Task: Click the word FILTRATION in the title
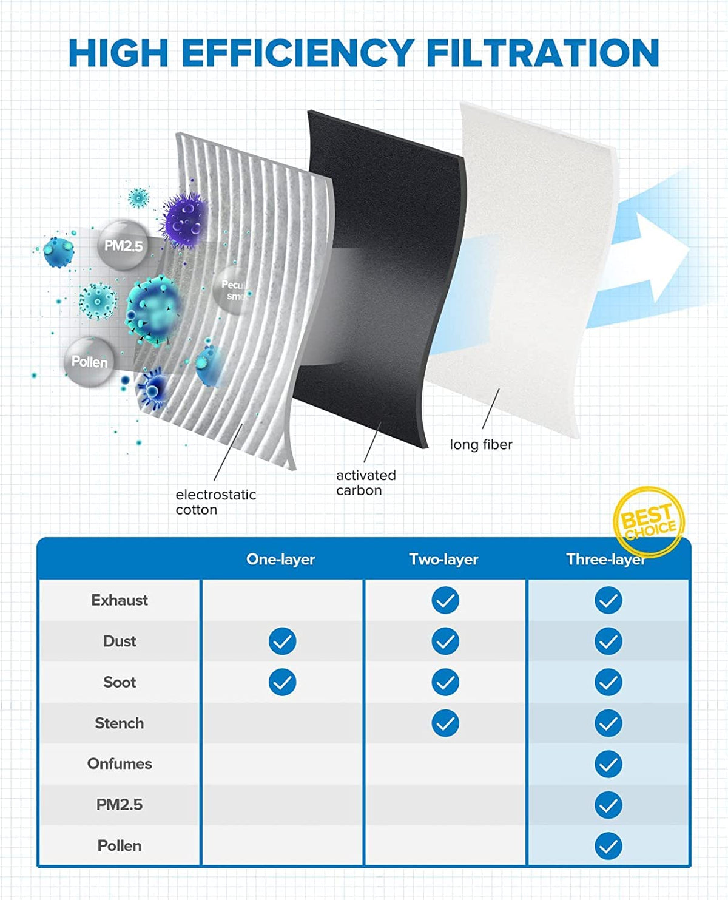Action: (542, 53)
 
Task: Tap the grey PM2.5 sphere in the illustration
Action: (123, 245)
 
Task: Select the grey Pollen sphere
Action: (89, 362)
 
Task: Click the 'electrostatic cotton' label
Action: (215, 502)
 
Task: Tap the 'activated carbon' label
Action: (365, 482)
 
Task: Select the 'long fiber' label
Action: (480, 445)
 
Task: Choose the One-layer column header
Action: (280, 559)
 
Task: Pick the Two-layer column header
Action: (443, 559)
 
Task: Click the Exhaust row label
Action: (120, 600)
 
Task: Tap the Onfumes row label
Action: (120, 763)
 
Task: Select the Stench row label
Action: (120, 723)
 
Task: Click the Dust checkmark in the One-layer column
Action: (283, 641)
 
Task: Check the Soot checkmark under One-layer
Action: (283, 682)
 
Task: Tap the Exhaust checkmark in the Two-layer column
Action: (445, 600)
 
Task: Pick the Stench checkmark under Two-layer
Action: (445, 723)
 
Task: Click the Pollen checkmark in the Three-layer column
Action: (608, 845)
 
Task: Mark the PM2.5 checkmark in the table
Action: (608, 805)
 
